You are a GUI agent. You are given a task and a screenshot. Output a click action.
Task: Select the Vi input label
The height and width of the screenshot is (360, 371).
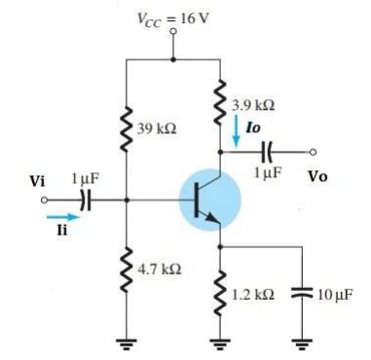(37, 181)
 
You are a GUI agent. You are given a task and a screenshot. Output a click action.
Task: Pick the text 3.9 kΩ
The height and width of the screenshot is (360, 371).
(252, 104)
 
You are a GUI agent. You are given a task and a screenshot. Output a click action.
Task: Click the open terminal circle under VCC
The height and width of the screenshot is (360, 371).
(174, 31)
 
